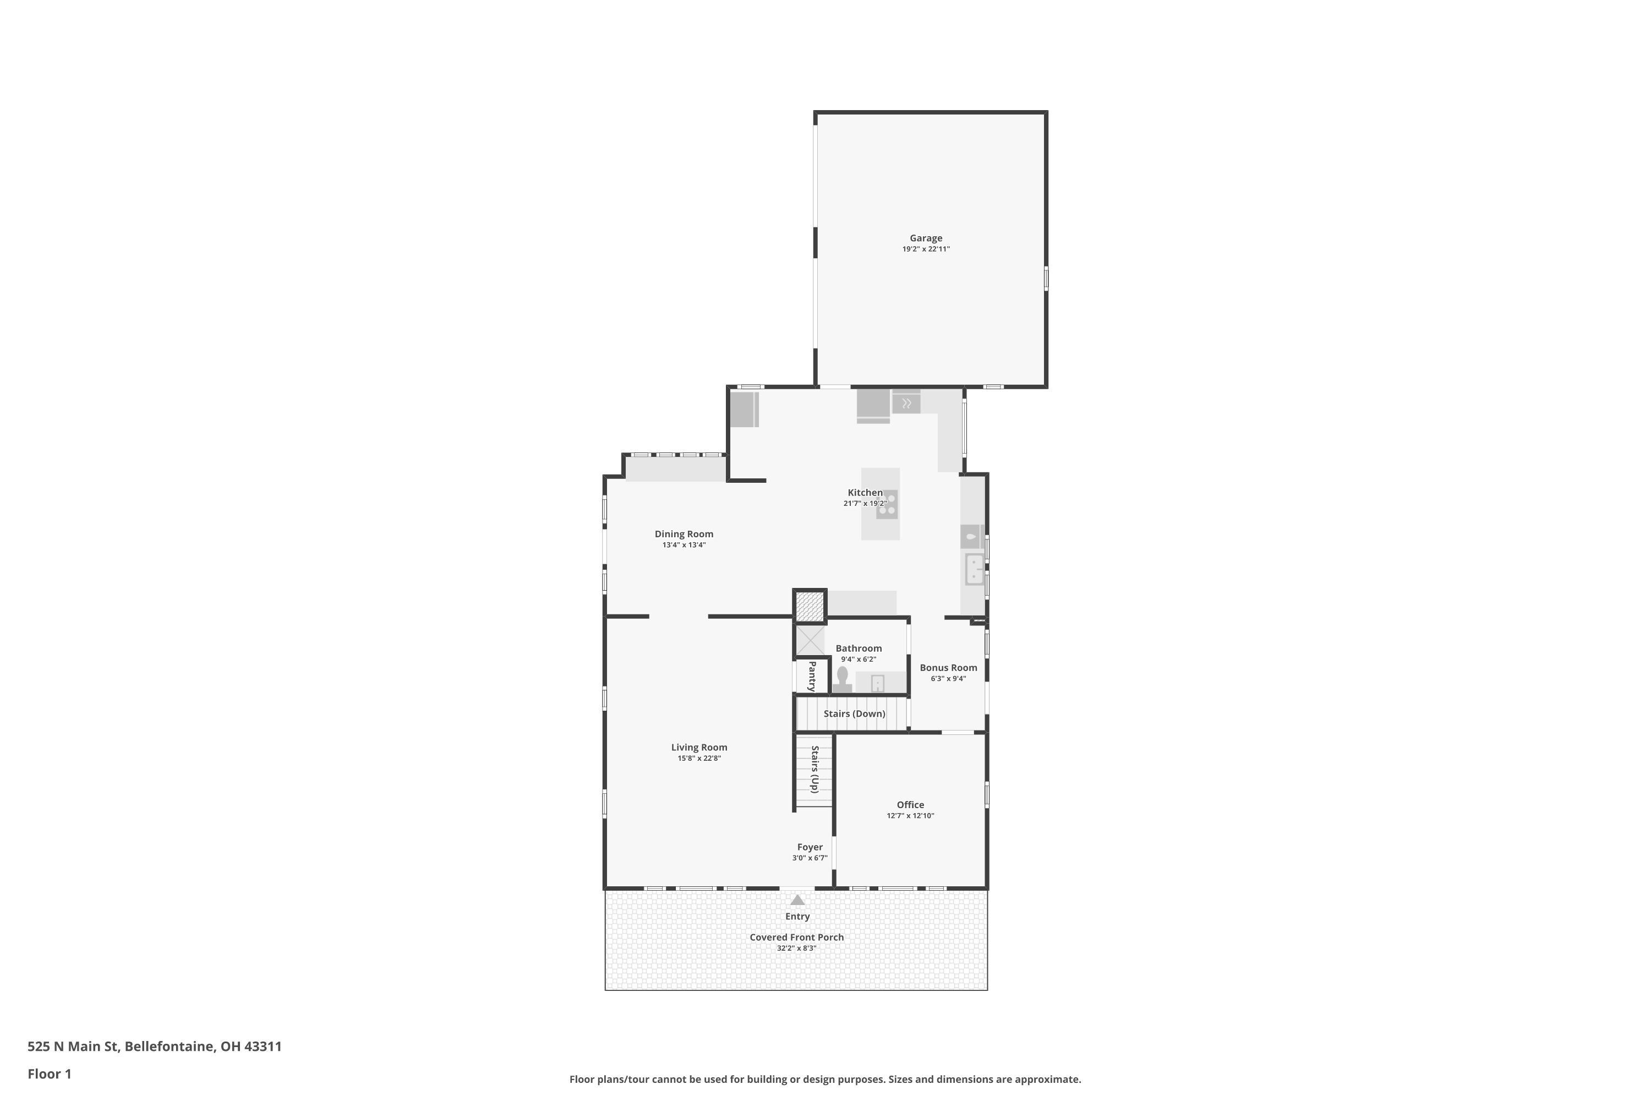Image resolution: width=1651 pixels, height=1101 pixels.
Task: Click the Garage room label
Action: (x=926, y=238)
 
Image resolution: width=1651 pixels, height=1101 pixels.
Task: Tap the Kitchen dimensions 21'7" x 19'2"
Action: (x=865, y=504)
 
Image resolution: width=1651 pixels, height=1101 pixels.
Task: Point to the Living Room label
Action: (x=699, y=748)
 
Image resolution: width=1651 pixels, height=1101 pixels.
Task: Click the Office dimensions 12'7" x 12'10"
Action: (x=910, y=816)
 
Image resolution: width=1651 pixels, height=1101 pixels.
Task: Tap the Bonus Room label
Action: (x=948, y=668)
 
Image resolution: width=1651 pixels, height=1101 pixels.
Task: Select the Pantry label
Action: (x=812, y=676)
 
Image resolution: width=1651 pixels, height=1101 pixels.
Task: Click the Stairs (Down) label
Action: (x=854, y=714)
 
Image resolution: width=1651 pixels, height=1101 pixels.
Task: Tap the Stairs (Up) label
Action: (x=815, y=770)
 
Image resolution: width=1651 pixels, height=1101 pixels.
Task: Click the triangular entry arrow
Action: (x=797, y=900)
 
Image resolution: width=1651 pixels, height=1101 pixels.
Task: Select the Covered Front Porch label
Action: (x=797, y=938)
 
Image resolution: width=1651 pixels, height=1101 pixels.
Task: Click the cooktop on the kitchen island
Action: (x=887, y=504)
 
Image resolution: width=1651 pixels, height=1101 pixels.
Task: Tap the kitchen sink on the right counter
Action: (x=974, y=569)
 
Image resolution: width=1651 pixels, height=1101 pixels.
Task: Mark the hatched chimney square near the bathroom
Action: (x=810, y=607)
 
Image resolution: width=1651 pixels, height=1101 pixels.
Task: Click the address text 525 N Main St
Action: (x=73, y=1047)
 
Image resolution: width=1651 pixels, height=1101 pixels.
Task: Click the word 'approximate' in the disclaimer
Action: (x=1046, y=1079)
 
